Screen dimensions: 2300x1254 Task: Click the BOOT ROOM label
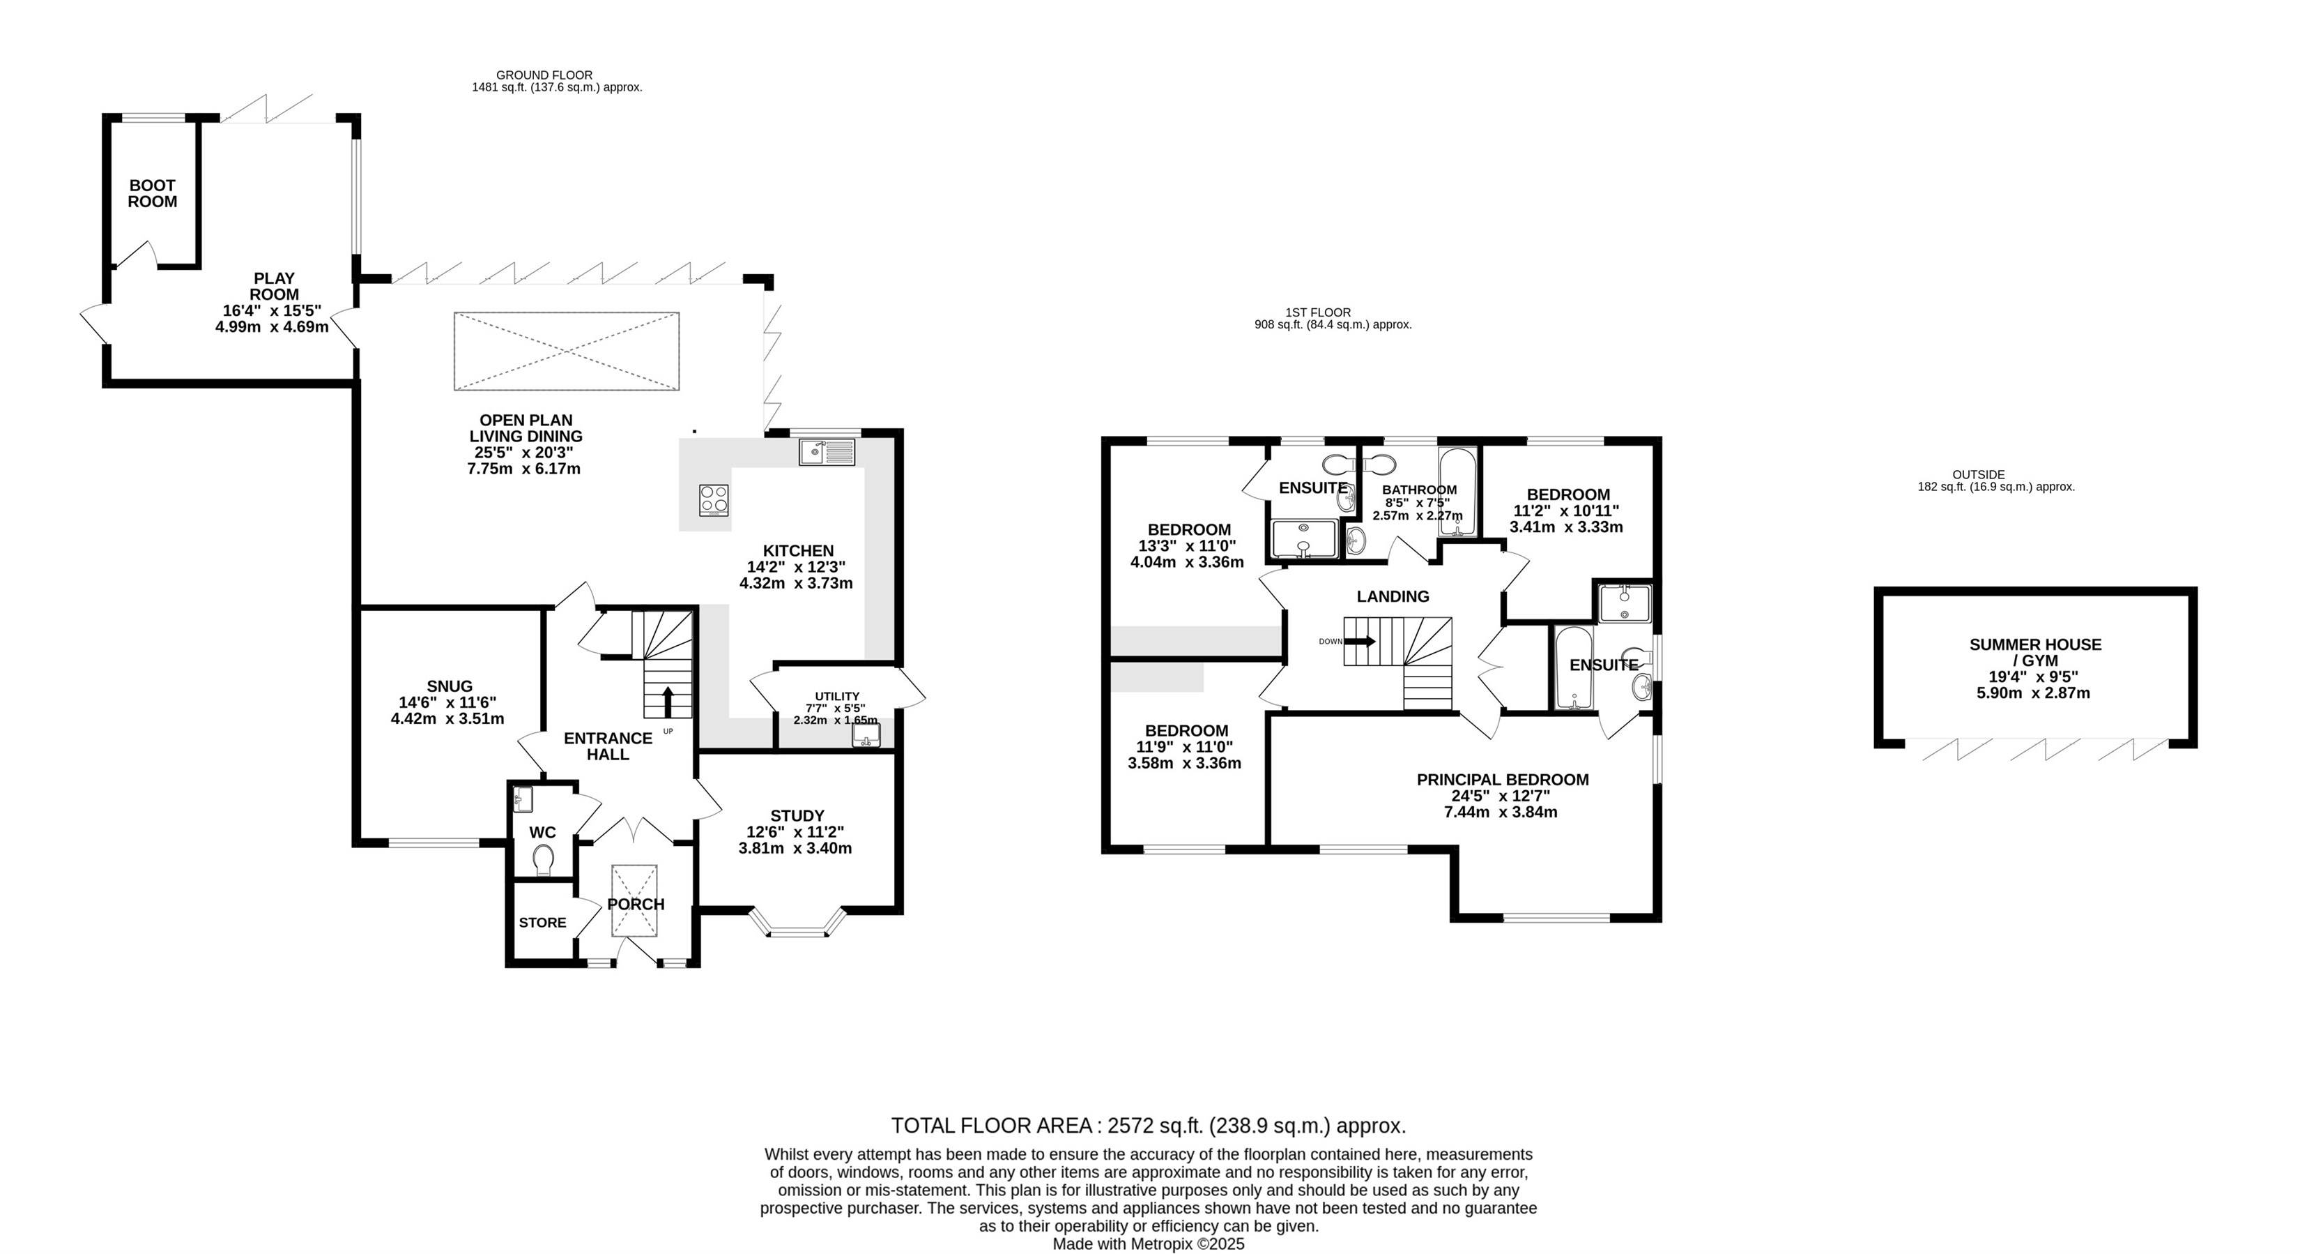click(x=153, y=194)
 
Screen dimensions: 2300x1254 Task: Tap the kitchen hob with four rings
click(x=714, y=500)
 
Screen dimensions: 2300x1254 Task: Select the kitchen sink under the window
click(x=827, y=452)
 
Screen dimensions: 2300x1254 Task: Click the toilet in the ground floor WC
click(x=542, y=862)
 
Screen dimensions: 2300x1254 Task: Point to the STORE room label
click(x=543, y=923)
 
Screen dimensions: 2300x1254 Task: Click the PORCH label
click(x=636, y=904)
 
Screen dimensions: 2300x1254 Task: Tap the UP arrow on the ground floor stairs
click(x=667, y=702)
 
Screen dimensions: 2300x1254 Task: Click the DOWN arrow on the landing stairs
click(x=1360, y=640)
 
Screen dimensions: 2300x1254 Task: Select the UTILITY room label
click(x=836, y=697)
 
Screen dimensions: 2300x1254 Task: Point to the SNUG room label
click(x=449, y=686)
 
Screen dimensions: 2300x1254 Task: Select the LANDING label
click(x=1393, y=596)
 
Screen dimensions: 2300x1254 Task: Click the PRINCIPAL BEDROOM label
click(x=1503, y=780)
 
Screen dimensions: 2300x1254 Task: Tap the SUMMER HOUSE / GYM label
click(x=2036, y=652)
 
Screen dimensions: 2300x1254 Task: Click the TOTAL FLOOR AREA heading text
click(x=991, y=1126)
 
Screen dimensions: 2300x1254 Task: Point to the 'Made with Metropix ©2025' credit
click(x=1148, y=1244)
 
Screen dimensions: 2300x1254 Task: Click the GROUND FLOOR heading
click(x=544, y=75)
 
